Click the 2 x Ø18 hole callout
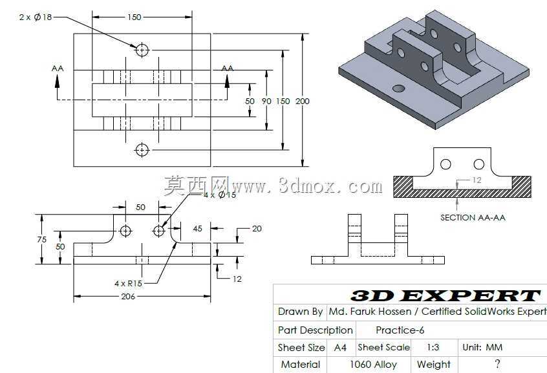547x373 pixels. tap(36, 17)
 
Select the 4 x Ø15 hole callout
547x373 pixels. tap(220, 195)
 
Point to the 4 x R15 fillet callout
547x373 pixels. tap(129, 283)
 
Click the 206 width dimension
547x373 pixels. tap(128, 296)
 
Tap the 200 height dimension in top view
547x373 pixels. tap(303, 101)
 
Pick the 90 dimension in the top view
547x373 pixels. tap(266, 101)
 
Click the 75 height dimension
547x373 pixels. tap(41, 239)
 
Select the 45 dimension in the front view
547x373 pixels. tap(197, 229)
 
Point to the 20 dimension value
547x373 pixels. tap(257, 229)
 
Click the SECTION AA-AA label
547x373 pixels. tap(473, 218)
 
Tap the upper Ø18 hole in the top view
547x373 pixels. tap(142, 50)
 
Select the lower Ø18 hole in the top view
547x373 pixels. tap(142, 150)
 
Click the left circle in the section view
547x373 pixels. tap(445, 164)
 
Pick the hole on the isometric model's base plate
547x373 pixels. tap(399, 89)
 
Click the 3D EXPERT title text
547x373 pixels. tap(445, 295)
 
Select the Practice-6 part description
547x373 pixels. tap(400, 330)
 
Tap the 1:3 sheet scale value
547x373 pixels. tap(433, 348)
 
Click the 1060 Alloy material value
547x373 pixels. tap(373, 365)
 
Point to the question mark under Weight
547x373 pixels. tap(497, 364)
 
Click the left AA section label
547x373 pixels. tap(58, 69)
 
